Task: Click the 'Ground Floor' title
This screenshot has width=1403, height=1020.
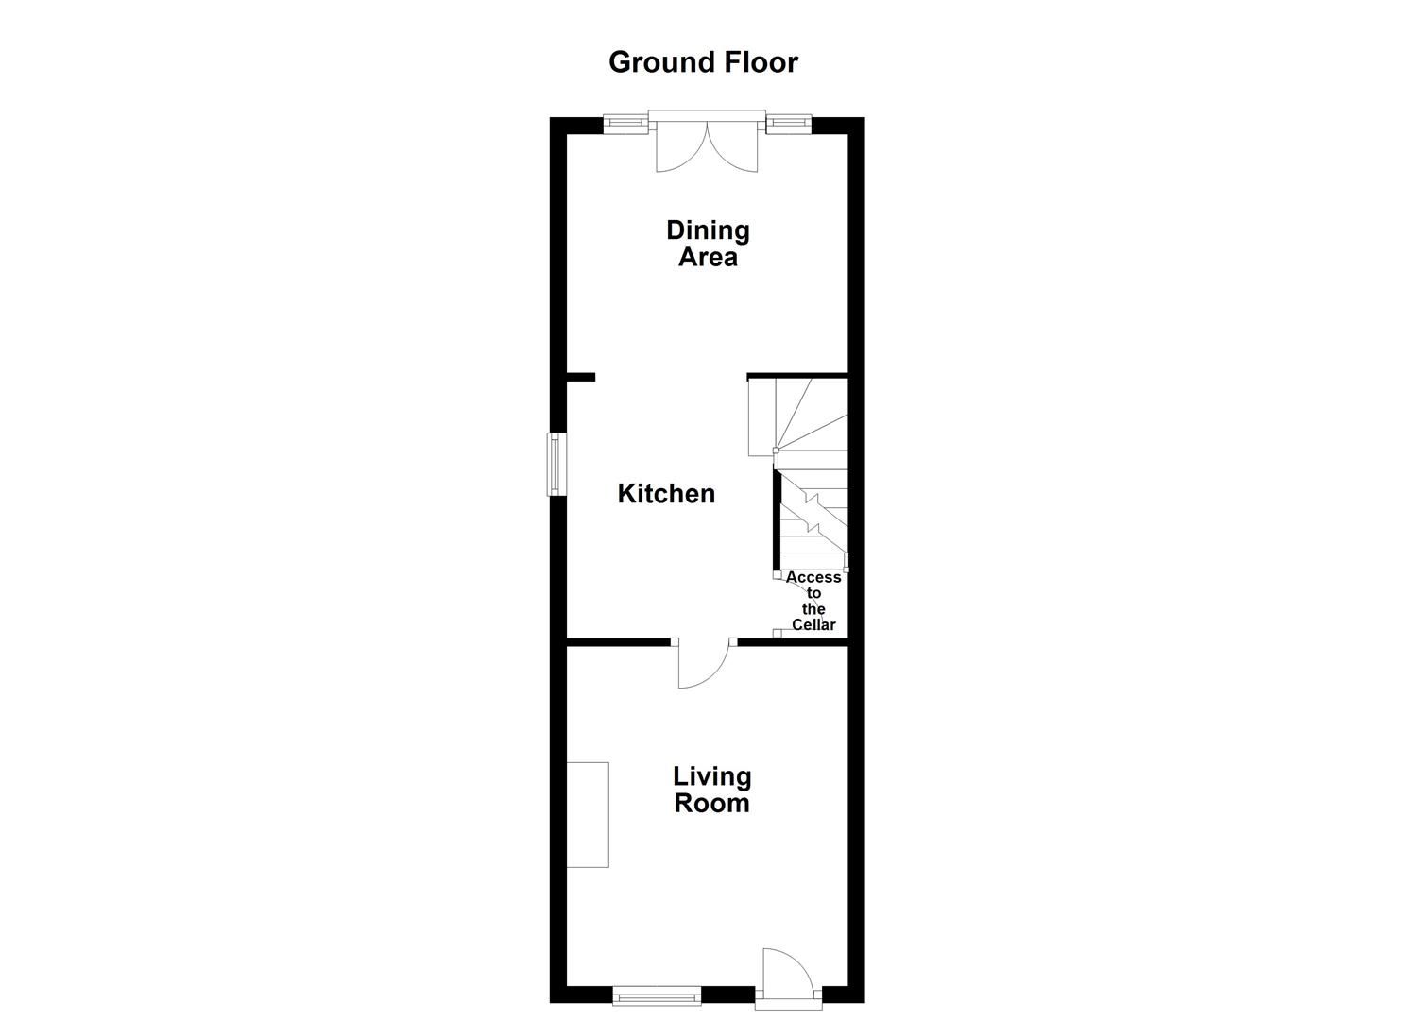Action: coord(703,62)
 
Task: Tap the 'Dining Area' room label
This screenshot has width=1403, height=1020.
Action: coord(708,244)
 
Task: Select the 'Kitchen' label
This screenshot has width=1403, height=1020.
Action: coord(666,494)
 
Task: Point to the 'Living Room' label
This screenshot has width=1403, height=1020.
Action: coord(711,790)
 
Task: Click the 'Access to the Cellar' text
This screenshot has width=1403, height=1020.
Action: coord(813,601)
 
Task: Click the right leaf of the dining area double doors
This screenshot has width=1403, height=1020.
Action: coord(733,151)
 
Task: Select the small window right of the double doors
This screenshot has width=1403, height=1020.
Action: coord(788,122)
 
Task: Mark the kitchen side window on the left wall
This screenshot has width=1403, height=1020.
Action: coord(557,464)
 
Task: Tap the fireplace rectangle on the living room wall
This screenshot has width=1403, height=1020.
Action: coord(588,814)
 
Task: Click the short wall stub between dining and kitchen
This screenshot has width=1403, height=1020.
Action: coord(580,378)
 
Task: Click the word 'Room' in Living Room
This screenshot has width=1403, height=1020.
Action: coord(711,804)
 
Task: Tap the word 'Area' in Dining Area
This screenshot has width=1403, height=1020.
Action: coord(708,258)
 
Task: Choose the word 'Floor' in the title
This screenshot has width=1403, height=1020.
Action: coord(761,62)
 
